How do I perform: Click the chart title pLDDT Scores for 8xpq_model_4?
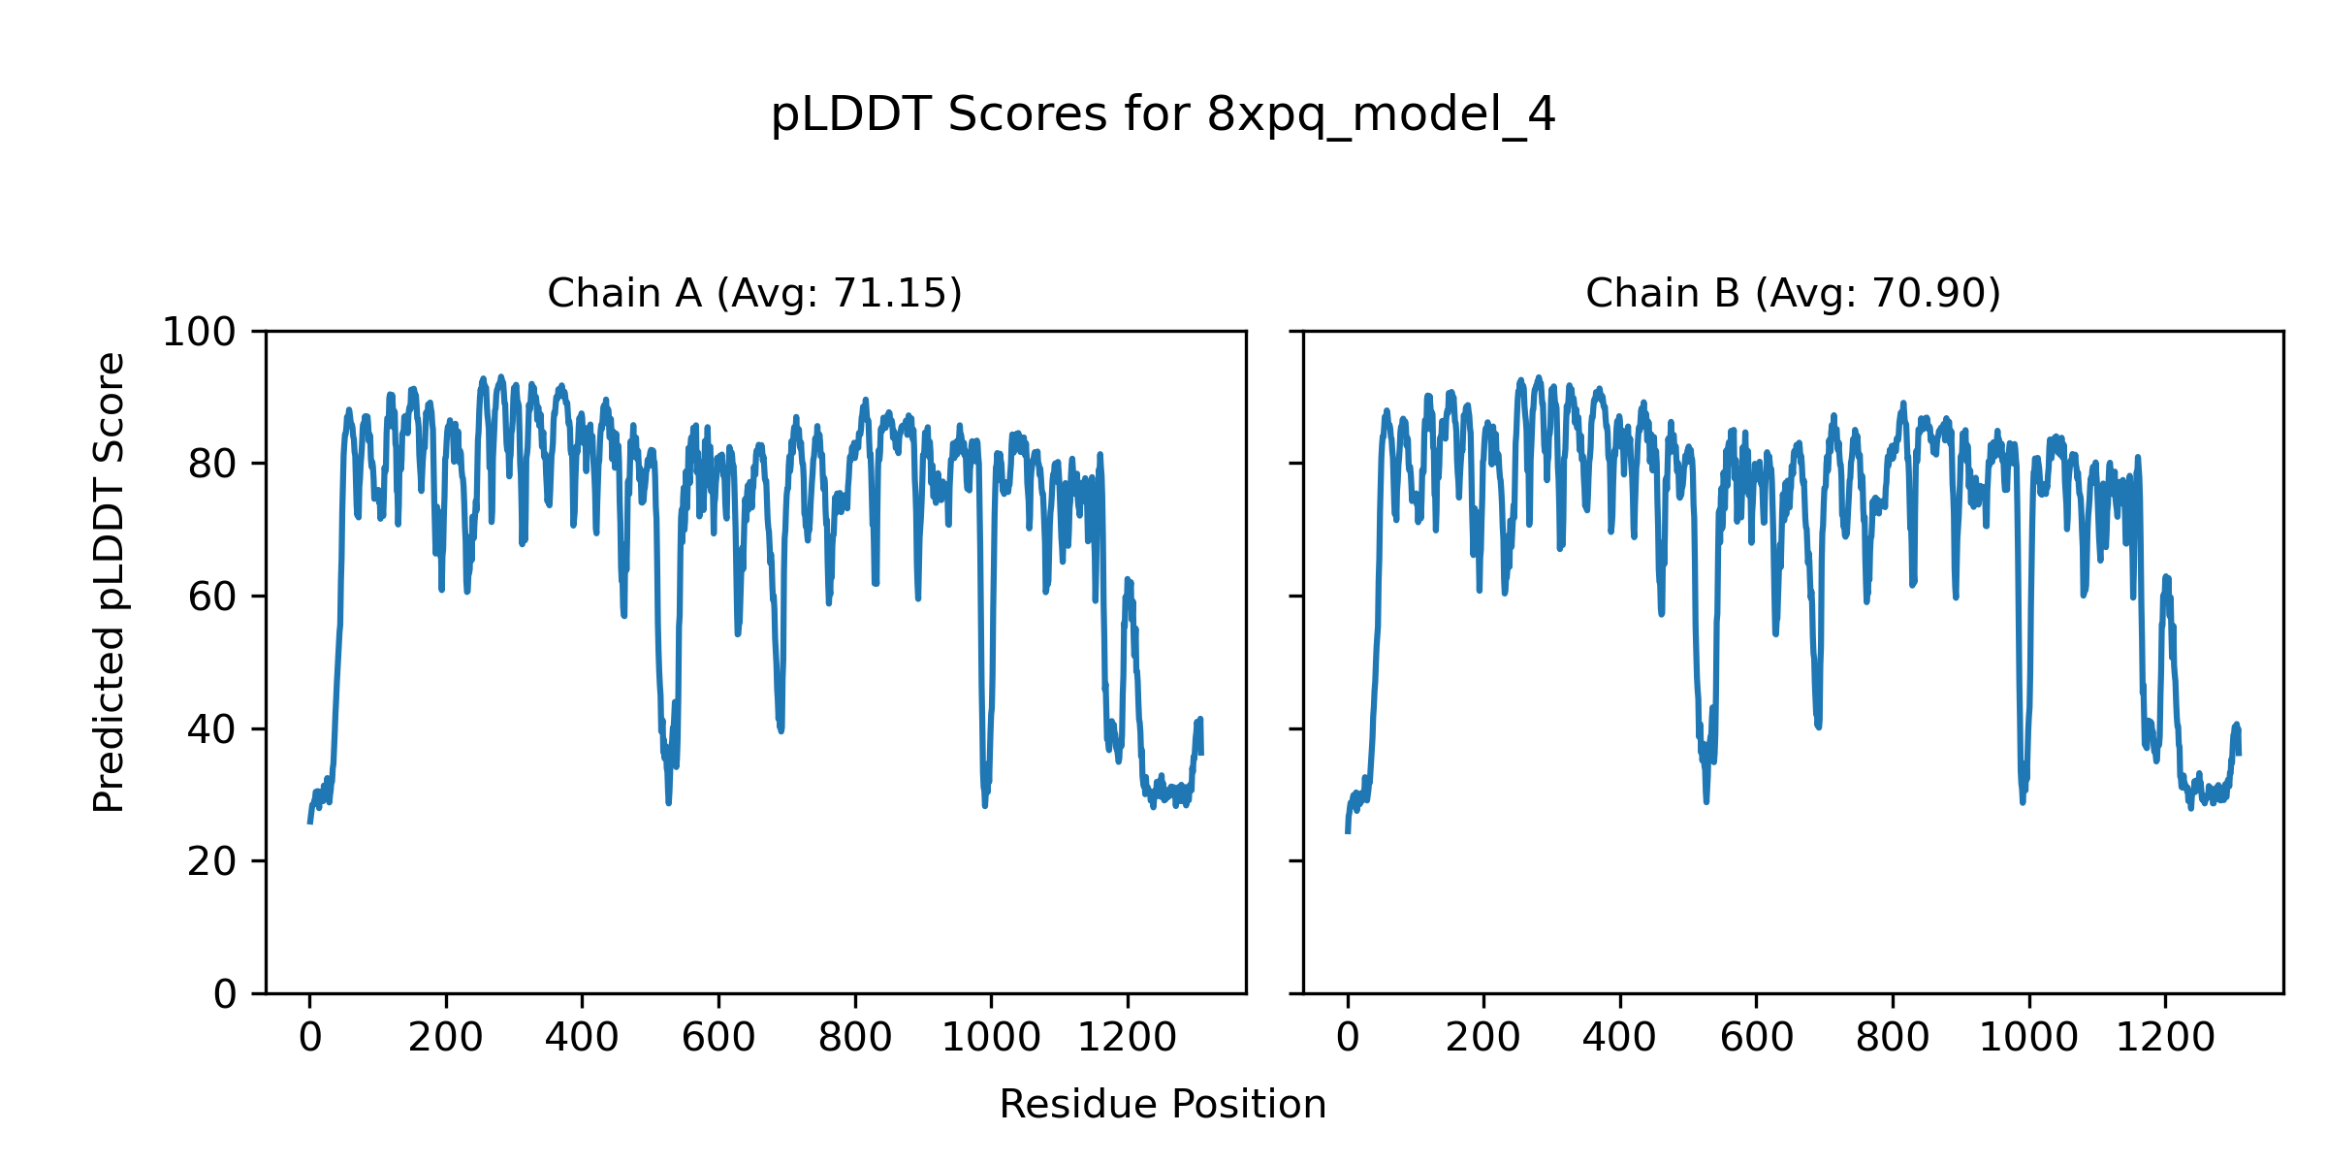[x=1163, y=115]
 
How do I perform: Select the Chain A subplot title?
[x=754, y=294]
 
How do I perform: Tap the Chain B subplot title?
[x=1793, y=294]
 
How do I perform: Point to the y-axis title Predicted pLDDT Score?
[x=110, y=582]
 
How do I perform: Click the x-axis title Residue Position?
[x=1163, y=1105]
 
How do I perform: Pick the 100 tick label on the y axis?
[x=199, y=333]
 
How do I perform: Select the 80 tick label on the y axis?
[x=211, y=465]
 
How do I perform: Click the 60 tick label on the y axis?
[x=211, y=598]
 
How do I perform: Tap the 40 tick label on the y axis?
[x=211, y=729]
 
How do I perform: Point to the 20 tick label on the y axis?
[x=211, y=861]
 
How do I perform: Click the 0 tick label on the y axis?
[x=225, y=994]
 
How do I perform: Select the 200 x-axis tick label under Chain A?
[x=446, y=1039]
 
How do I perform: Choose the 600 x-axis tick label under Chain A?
[x=718, y=1039]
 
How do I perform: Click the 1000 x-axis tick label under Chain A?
[x=991, y=1039]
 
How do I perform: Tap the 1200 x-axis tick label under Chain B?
[x=2165, y=1039]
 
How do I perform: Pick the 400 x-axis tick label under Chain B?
[x=1619, y=1039]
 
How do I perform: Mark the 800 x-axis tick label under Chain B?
[x=1893, y=1039]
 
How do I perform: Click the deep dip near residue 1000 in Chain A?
[x=985, y=801]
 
